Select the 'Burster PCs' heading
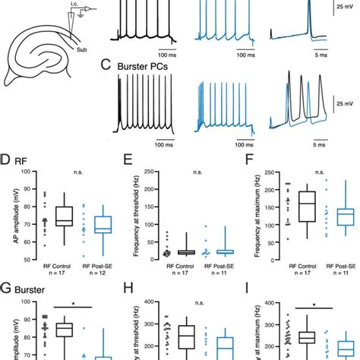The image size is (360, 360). [144, 66]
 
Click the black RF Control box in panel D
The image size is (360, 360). [64, 216]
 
